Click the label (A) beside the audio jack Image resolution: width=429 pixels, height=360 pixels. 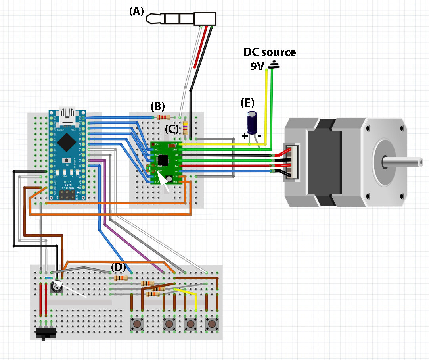[x=136, y=12]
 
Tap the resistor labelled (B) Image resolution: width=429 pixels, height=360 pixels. [x=164, y=117]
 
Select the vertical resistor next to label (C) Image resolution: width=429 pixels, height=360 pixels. [x=185, y=128]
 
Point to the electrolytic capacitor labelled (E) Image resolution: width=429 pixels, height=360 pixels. [x=253, y=123]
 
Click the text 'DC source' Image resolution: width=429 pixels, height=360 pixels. [x=269, y=52]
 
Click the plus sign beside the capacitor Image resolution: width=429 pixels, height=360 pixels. [x=245, y=136]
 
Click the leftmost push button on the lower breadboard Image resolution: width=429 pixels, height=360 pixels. [x=137, y=324]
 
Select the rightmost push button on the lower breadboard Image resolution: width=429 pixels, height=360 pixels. [x=212, y=324]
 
